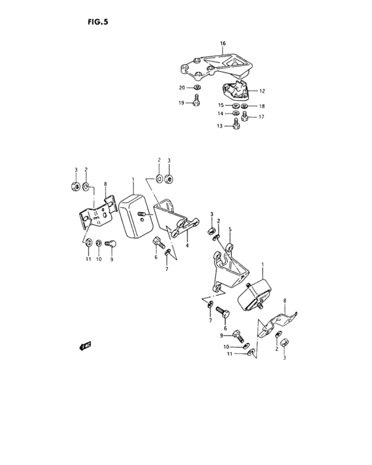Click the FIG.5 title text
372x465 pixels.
(97, 21)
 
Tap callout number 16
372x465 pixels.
(223, 43)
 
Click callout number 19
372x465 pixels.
(181, 103)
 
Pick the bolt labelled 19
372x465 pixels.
(197, 102)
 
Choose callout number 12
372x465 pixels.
(262, 90)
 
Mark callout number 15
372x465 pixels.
(221, 106)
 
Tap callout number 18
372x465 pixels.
(262, 106)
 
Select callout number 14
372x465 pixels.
(221, 114)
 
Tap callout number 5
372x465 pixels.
(230, 230)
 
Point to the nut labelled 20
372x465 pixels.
(198, 87)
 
